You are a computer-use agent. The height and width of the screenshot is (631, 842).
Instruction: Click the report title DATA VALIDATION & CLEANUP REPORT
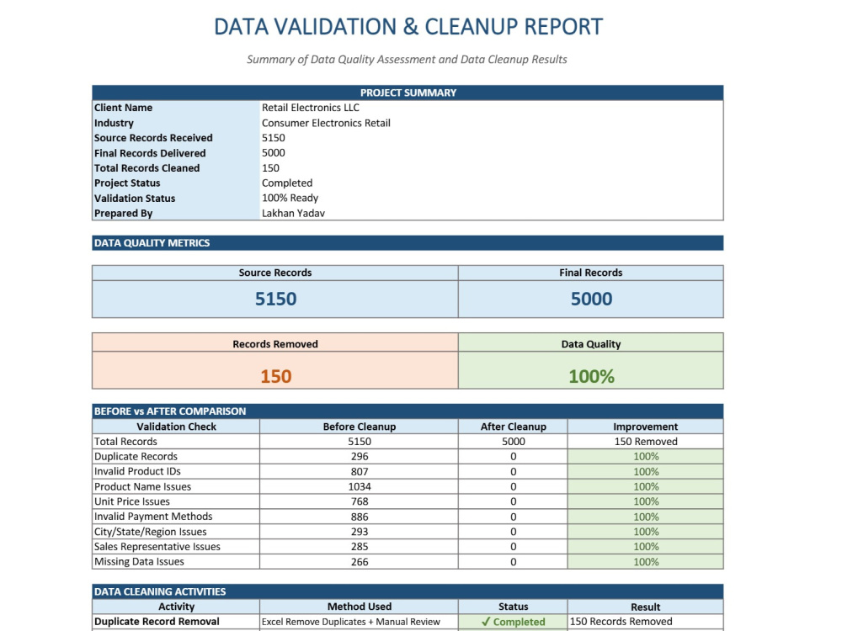click(408, 27)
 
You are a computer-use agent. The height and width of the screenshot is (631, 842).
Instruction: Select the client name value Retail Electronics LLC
click(311, 108)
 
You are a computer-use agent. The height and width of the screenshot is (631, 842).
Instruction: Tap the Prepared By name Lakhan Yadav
click(293, 213)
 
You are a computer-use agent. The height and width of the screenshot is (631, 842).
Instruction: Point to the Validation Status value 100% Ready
click(290, 198)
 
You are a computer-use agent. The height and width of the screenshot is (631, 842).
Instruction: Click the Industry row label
click(114, 123)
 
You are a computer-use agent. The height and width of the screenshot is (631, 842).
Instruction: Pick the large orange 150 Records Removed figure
click(275, 376)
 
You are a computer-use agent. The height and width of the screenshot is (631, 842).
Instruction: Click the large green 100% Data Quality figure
click(591, 376)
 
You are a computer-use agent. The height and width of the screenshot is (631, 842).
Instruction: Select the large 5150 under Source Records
click(275, 299)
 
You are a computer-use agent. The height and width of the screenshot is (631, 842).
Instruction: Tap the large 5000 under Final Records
click(591, 299)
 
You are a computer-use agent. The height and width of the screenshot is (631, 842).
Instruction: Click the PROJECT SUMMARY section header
click(408, 93)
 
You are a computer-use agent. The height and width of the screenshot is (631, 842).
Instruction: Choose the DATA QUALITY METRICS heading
click(152, 243)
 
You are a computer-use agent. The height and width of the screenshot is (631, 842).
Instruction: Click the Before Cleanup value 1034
click(360, 486)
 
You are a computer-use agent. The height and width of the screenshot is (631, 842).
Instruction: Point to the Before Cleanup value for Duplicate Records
click(360, 457)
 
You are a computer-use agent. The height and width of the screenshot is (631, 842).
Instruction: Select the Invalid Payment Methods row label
click(153, 517)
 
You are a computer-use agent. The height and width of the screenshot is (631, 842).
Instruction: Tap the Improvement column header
click(646, 427)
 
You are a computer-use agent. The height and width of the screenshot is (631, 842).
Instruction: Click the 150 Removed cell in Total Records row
click(646, 442)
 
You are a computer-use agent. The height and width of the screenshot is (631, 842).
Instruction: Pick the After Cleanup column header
click(514, 427)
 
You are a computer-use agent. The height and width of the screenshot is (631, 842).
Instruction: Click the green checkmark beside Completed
click(486, 622)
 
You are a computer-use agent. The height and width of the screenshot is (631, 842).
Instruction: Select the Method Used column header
click(360, 607)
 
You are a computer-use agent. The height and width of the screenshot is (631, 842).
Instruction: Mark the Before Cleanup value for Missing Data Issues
click(360, 562)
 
